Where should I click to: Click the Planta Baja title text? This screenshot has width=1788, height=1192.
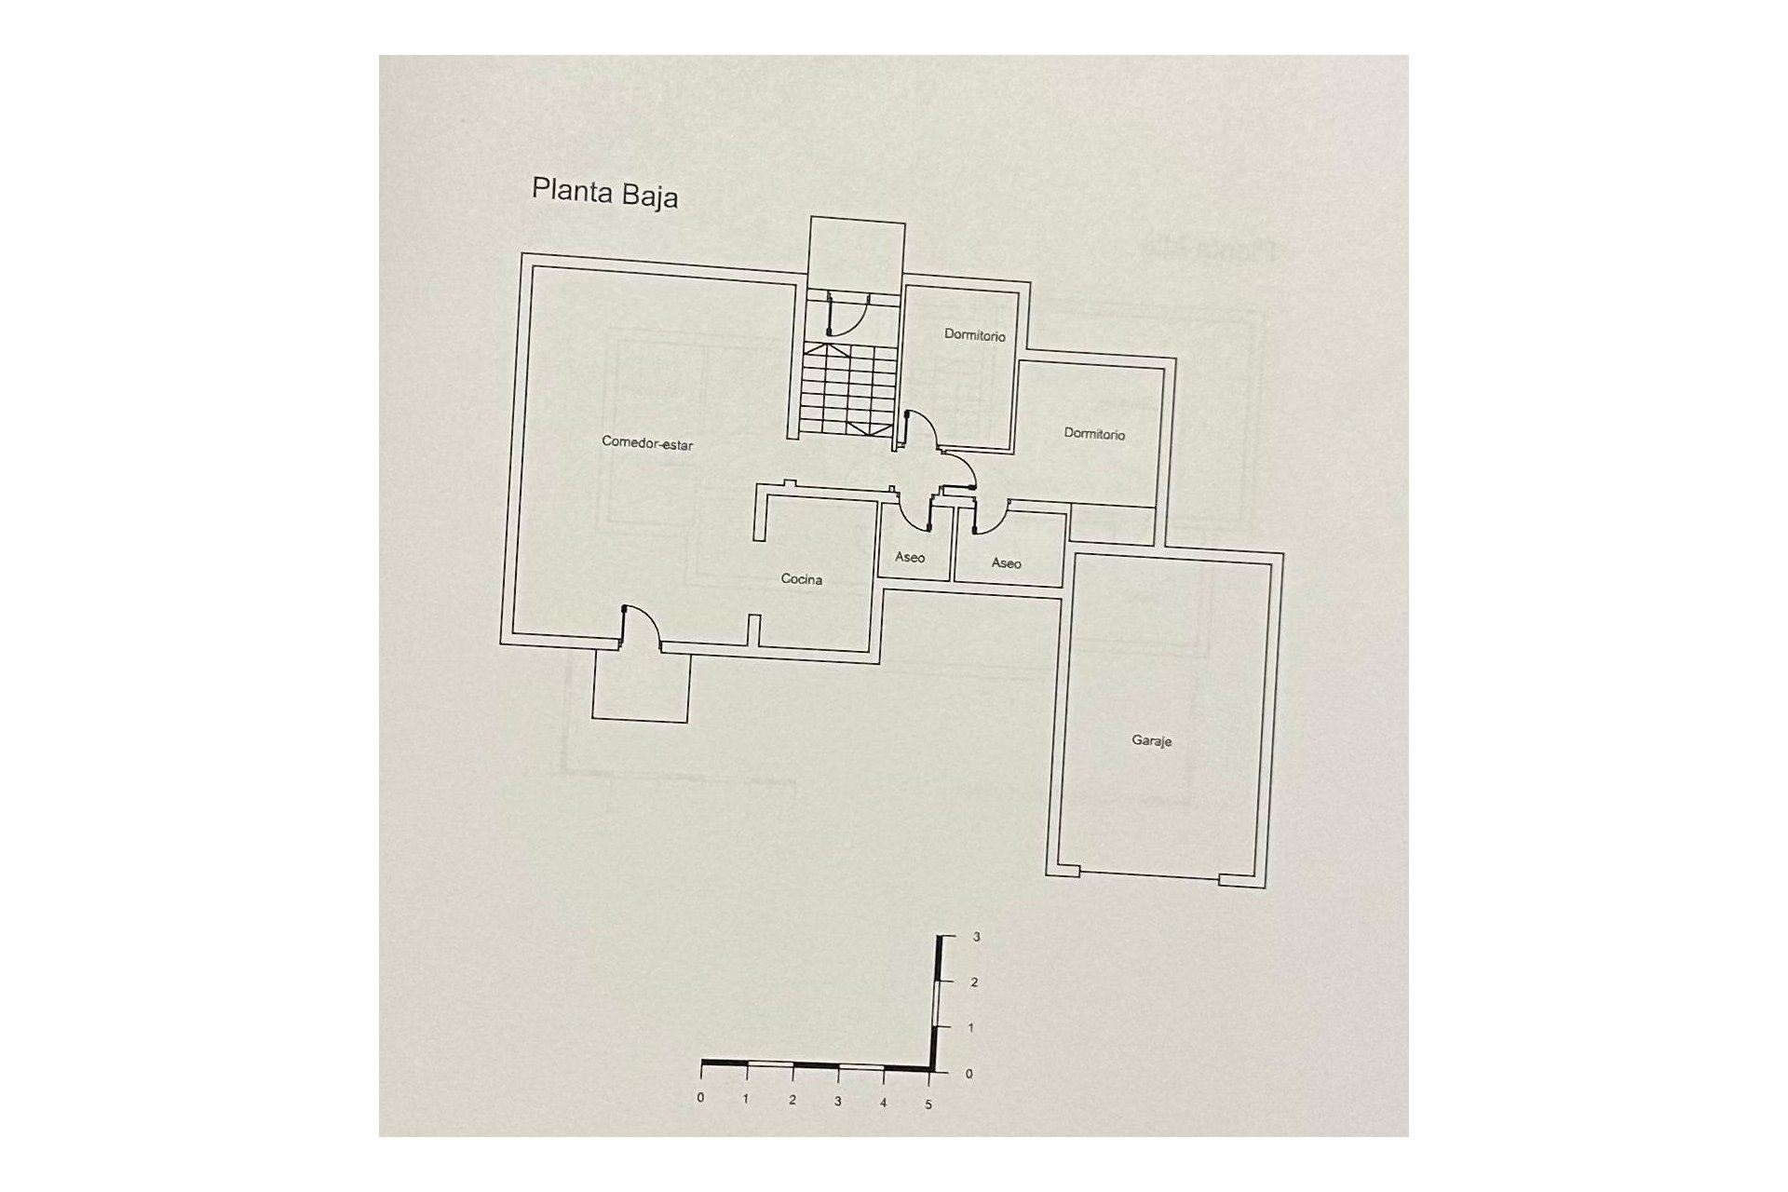(604, 193)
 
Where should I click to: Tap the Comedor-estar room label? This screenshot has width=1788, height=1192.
(647, 443)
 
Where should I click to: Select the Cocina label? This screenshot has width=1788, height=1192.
(801, 579)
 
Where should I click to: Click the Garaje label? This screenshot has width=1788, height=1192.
(1151, 741)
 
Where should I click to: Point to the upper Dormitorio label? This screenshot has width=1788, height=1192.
(974, 334)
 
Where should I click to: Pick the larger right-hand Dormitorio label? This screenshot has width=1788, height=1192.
(1094, 434)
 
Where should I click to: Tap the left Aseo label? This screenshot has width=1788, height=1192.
(910, 557)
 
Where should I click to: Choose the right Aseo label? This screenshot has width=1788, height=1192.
(1006, 563)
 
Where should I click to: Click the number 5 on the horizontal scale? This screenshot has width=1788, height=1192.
(928, 1104)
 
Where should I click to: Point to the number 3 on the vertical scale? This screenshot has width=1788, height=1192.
(976, 938)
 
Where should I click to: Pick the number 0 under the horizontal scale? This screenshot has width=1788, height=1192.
(700, 1098)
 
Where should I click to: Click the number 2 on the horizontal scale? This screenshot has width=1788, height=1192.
(792, 1100)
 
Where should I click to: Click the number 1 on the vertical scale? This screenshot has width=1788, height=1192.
(971, 1028)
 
